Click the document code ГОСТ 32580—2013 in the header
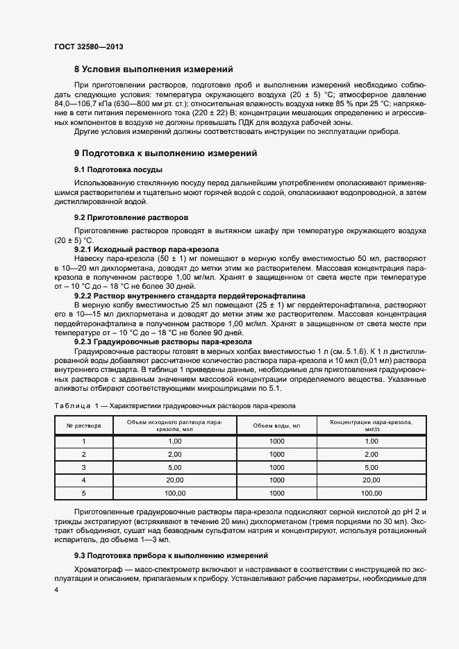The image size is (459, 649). [x=88, y=47]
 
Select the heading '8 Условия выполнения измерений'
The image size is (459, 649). [x=153, y=69]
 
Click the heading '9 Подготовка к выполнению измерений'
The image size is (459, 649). [x=166, y=153]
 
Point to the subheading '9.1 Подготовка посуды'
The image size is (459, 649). [x=118, y=169]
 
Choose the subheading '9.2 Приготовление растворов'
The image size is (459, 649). [x=131, y=217]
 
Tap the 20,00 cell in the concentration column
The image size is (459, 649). [x=372, y=480]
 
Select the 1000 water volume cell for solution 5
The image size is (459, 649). [x=276, y=492]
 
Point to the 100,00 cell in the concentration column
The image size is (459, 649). [x=372, y=492]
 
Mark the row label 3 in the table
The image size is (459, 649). [x=83, y=467]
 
